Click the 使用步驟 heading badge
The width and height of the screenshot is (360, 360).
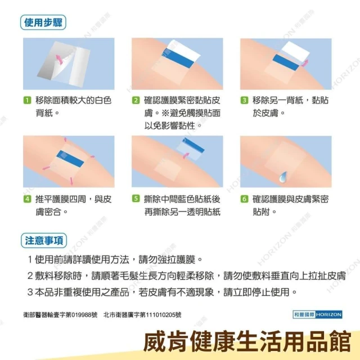click(x=43, y=22)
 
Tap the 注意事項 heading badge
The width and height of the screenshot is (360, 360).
click(x=44, y=241)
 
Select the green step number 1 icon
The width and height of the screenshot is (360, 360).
click(x=27, y=100)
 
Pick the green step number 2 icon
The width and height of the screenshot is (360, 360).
click(x=136, y=100)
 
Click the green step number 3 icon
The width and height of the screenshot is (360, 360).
click(x=244, y=100)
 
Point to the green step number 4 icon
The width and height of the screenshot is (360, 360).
click(x=27, y=199)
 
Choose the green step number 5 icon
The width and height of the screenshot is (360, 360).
click(x=136, y=199)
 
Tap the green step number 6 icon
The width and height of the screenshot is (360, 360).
click(x=244, y=199)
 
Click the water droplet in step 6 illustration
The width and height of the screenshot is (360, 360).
click(x=282, y=177)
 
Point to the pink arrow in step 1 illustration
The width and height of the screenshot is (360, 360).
click(x=59, y=59)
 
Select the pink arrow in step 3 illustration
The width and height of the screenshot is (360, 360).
click(x=305, y=63)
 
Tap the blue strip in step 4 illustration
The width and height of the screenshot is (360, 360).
click(x=70, y=159)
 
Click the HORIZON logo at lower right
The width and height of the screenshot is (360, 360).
click(x=317, y=314)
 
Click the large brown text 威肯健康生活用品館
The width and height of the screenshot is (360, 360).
click(x=247, y=341)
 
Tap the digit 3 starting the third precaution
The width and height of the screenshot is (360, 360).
click(x=30, y=292)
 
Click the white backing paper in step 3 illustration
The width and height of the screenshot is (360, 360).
click(x=295, y=53)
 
